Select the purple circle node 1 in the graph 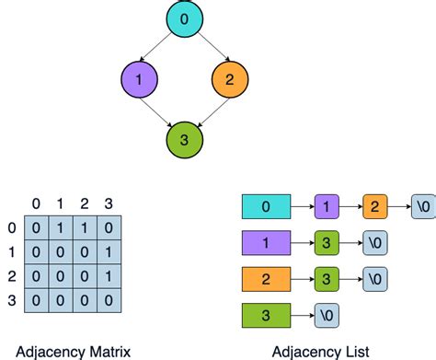click(138, 79)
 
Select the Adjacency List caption click(320, 350)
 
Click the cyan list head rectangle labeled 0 click(267, 206)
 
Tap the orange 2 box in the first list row click(375, 206)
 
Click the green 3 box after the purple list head click(327, 242)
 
